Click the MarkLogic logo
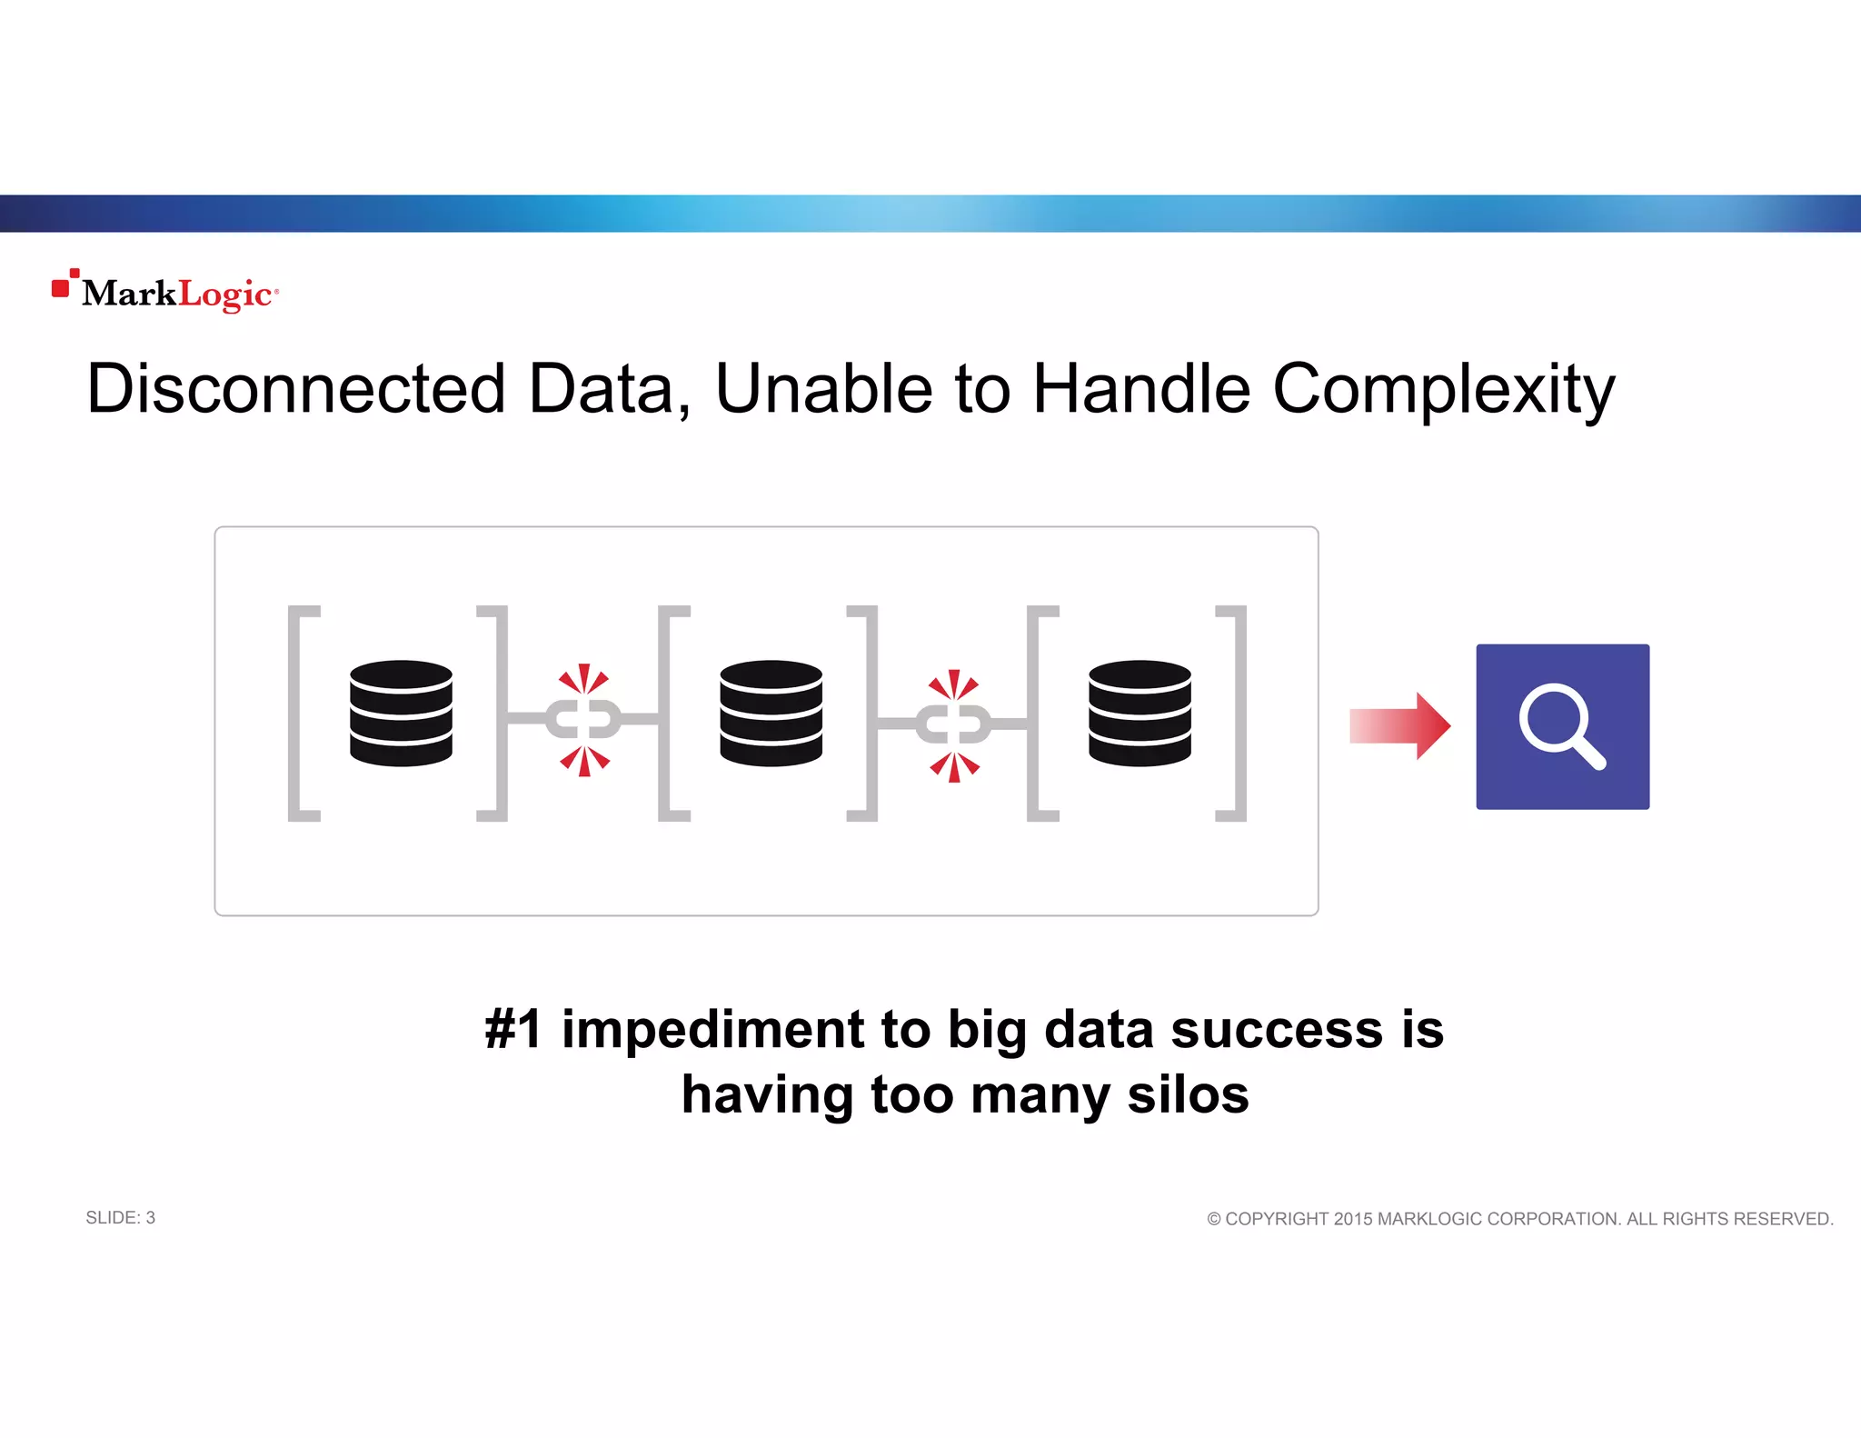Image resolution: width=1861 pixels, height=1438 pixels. coord(165,292)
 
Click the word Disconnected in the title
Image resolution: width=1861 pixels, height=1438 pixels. coord(295,389)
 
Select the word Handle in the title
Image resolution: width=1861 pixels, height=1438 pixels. coord(1142,389)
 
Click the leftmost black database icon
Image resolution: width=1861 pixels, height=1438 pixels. coord(401,714)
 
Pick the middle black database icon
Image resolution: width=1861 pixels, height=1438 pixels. coord(771,714)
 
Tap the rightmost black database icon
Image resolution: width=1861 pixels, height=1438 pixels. coord(1139,714)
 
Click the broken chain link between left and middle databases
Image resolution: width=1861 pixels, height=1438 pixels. coord(583,720)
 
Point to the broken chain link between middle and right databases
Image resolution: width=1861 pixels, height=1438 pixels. coord(953,724)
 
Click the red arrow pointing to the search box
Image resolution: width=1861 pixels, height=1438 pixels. coord(1399,725)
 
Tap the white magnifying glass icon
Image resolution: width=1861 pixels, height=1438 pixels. coord(1561,725)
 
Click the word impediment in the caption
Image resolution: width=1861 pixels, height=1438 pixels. coord(712,1030)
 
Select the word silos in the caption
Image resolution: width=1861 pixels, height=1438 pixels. coord(1188,1094)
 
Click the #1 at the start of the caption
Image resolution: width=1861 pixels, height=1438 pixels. coord(513,1030)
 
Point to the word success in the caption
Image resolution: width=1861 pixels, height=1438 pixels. coord(1277,1030)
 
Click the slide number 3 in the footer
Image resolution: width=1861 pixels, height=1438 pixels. coord(151,1218)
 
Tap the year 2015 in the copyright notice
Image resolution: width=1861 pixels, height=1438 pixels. coord(1353,1219)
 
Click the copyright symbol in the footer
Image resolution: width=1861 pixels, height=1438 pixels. coord(1214,1219)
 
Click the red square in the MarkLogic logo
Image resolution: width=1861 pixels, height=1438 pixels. coord(61,288)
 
